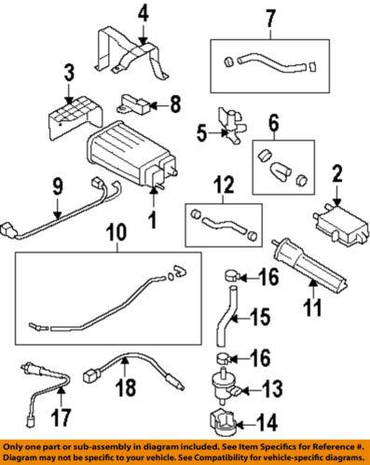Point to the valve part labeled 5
point(226,122)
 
